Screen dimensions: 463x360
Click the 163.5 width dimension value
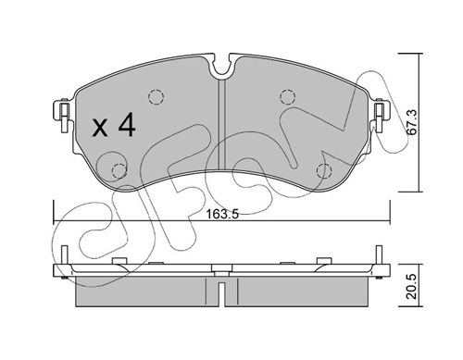point(222,214)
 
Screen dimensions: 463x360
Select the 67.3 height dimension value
point(412,122)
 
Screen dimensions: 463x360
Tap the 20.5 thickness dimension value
point(412,286)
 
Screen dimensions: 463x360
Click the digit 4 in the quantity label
point(127,124)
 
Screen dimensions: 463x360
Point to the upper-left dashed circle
point(156,97)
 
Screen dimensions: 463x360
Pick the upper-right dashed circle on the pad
point(288,97)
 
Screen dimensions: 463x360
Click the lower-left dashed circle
point(119,171)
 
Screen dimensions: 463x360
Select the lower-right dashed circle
point(324,171)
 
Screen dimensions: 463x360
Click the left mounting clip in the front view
point(64,115)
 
